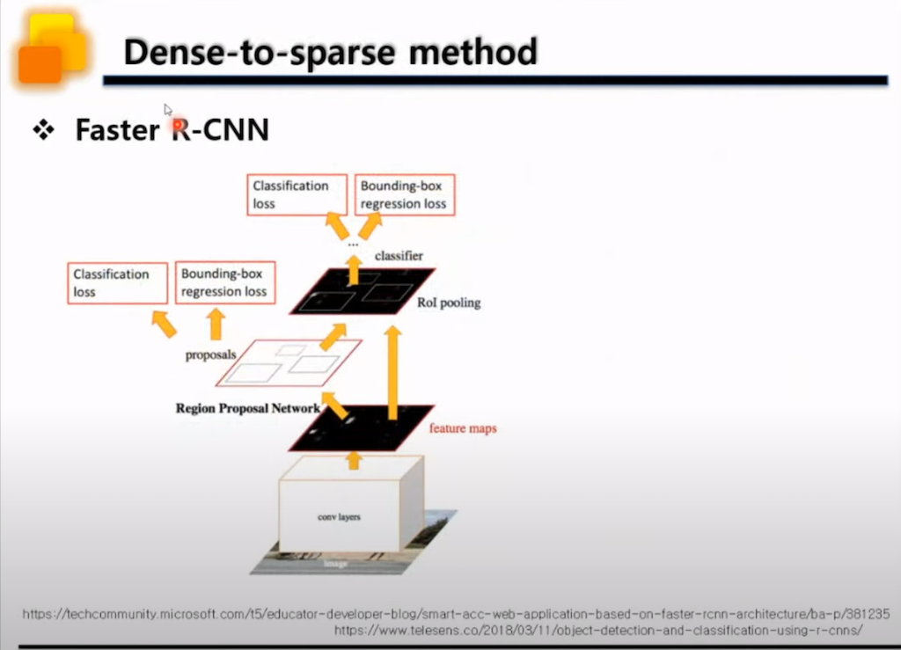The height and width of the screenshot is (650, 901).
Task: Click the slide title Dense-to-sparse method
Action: pos(330,53)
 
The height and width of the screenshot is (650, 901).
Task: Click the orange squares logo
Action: pos(51,50)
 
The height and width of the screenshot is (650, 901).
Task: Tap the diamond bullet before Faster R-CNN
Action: pos(43,131)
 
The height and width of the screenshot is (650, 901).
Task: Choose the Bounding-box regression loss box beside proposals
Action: pos(224,282)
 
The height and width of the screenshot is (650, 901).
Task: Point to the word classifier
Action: pos(399,256)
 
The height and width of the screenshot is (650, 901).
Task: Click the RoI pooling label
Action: pos(449,303)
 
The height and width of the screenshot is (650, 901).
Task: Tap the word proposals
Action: pos(209,355)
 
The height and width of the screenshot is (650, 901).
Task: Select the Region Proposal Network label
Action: pos(247,408)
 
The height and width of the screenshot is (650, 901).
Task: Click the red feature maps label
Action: pos(463,428)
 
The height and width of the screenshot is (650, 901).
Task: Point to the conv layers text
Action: pos(339,516)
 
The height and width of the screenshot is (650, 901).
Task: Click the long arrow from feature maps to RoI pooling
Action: pos(393,365)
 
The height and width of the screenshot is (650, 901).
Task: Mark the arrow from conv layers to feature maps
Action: pos(355,458)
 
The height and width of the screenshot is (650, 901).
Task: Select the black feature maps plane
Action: pos(361,427)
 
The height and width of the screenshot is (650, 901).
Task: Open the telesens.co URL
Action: pos(599,631)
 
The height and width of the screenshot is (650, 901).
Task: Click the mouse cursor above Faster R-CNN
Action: pos(167,109)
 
